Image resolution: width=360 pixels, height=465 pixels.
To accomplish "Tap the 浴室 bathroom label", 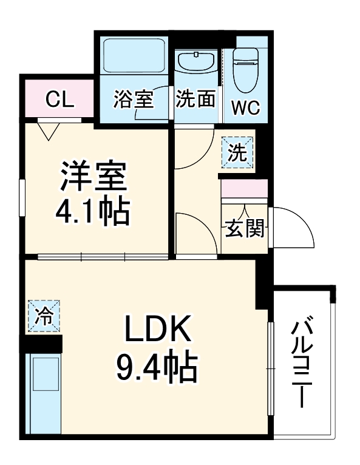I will point(133,100).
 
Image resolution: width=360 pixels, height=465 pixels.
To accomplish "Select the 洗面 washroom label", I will point(195,100).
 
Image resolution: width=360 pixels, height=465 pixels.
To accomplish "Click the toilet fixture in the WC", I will point(246,70).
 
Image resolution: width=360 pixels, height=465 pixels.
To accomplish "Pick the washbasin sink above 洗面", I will point(195,63).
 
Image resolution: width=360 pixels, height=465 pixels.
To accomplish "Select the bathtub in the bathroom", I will point(134,58).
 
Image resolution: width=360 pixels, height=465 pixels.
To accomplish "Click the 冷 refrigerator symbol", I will point(43,316).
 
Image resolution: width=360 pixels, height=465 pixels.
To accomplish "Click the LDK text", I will point(158,330).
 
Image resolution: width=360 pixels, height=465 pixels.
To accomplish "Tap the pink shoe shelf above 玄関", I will point(244,188).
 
